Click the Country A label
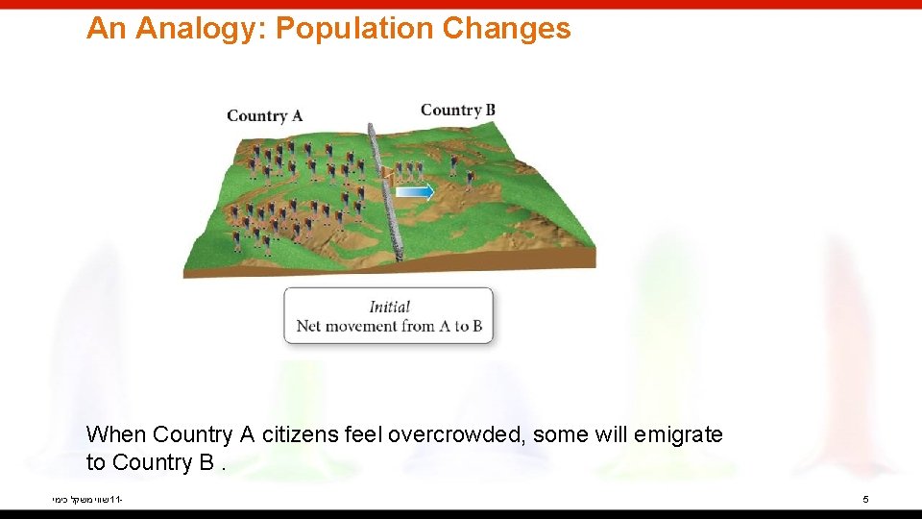[x=264, y=116]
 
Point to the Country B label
[x=458, y=110]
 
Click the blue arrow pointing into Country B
[x=415, y=192]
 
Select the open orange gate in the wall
[x=386, y=174]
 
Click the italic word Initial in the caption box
[x=389, y=307]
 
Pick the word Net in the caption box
[x=308, y=326]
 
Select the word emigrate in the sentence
[x=679, y=435]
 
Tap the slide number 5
[x=865, y=500]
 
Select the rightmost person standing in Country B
[x=470, y=179]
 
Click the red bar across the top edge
[x=461, y=4]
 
